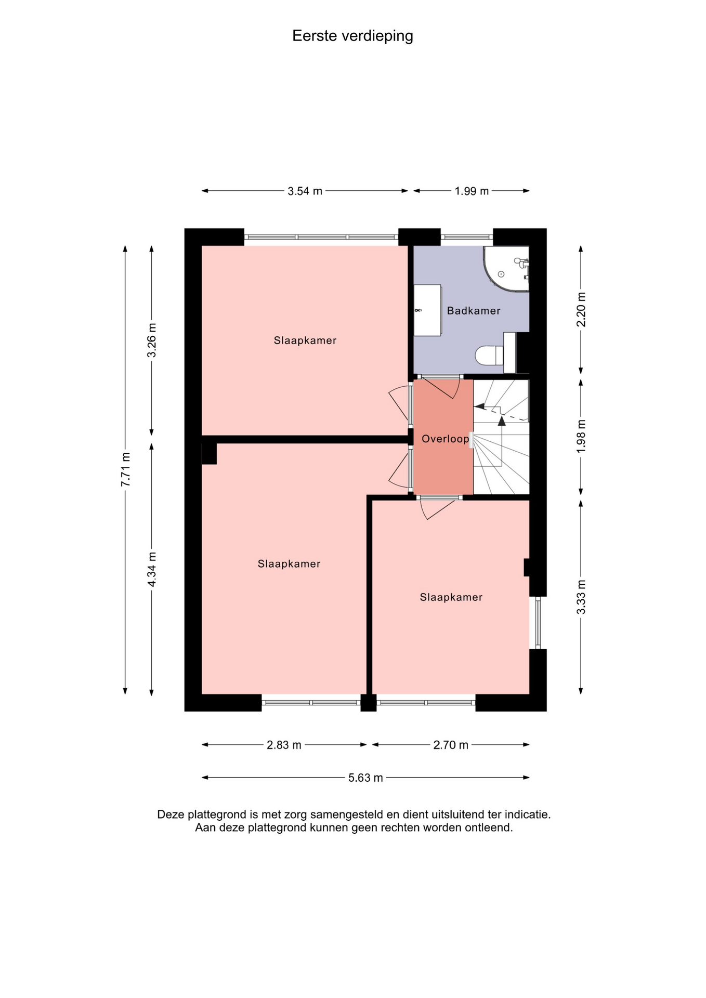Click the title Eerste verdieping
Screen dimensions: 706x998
[x=352, y=36]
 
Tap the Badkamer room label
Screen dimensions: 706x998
[x=474, y=311]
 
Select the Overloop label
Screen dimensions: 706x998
[x=446, y=439]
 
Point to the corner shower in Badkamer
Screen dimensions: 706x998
[x=505, y=268]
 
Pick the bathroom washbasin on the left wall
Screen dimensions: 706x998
[x=427, y=310]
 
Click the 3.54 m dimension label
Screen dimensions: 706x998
[x=305, y=191]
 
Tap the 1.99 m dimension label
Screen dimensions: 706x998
[x=472, y=191]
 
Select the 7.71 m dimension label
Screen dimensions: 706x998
[x=125, y=469]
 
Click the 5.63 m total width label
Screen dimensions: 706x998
[x=365, y=778]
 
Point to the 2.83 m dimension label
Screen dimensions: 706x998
[x=284, y=745]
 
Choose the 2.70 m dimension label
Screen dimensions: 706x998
[x=451, y=745]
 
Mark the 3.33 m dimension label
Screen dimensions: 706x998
[x=581, y=597]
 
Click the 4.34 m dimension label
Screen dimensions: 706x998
[x=152, y=570]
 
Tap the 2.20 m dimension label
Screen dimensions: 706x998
[x=581, y=309]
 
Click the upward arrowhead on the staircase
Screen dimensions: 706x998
[x=502, y=421]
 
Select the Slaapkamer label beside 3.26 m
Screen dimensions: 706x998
[x=305, y=340]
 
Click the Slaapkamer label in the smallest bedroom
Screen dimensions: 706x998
[x=451, y=597]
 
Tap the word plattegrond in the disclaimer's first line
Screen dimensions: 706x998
[x=216, y=815]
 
